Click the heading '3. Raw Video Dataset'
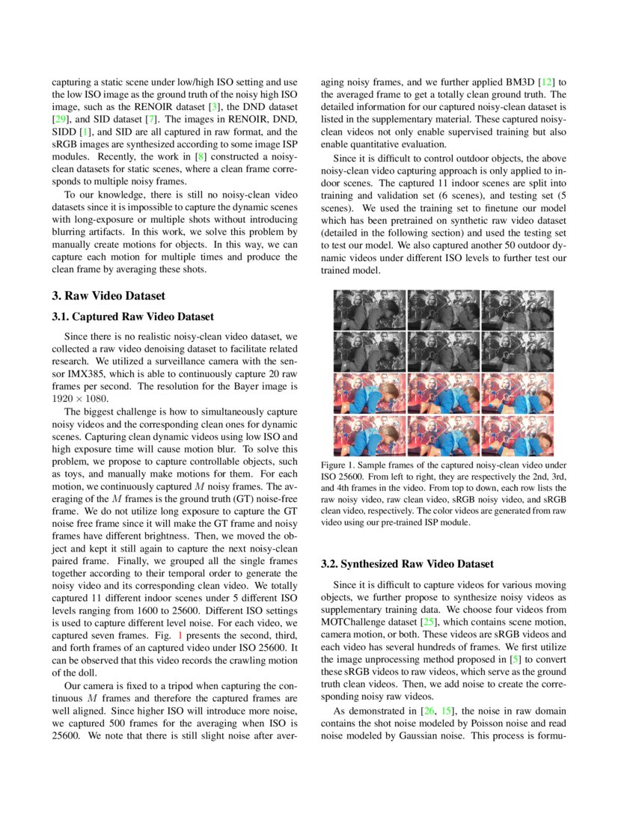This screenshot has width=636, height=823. tap(108, 296)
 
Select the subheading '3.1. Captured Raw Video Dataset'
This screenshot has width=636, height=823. tap(132, 316)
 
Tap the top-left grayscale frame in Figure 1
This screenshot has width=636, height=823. tap(368, 309)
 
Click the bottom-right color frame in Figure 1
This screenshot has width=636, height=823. tap(517, 435)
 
